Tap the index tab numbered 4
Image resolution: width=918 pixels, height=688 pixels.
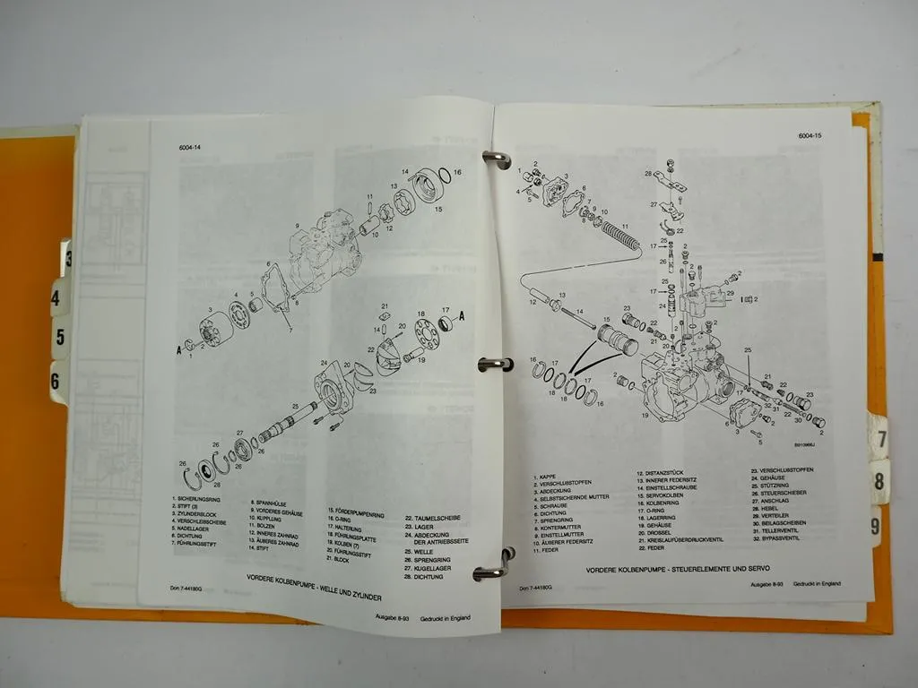(x=58, y=297)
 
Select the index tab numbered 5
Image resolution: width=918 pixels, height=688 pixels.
(x=59, y=338)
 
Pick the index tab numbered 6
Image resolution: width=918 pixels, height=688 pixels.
(x=56, y=382)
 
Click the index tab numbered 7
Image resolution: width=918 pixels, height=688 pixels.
(x=880, y=439)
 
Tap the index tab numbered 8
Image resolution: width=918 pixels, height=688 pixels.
(x=880, y=481)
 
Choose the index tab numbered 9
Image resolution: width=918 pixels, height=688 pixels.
(x=876, y=526)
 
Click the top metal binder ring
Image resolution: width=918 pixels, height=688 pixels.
(x=496, y=159)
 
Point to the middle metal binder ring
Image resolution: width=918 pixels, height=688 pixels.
(x=495, y=364)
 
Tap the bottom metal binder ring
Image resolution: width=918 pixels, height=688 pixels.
(x=494, y=565)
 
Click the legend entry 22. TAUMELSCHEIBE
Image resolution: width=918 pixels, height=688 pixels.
(x=434, y=518)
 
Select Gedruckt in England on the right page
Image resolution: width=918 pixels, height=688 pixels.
(x=815, y=583)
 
